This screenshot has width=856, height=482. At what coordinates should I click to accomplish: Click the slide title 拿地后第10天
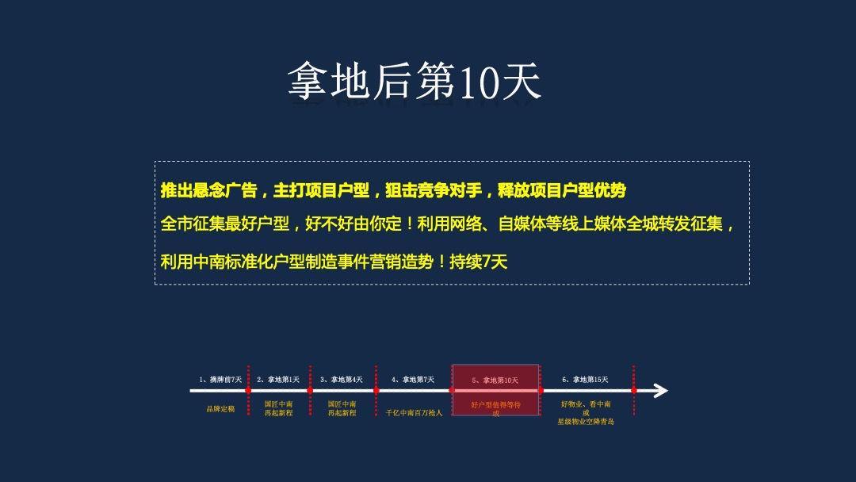tap(415, 82)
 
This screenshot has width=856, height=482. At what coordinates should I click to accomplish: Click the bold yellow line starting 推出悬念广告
tap(393, 190)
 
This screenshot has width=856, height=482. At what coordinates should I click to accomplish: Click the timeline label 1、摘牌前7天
tap(220, 380)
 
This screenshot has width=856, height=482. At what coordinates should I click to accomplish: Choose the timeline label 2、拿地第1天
tap(278, 380)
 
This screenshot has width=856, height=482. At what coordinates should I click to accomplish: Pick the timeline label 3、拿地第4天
tap(342, 380)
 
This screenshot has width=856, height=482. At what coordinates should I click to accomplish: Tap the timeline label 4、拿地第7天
tap(413, 380)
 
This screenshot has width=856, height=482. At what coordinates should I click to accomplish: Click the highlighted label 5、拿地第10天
tap(495, 381)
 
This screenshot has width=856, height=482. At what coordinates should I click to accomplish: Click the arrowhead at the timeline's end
tap(659, 390)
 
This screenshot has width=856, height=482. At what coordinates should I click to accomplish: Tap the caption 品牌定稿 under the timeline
tap(220, 409)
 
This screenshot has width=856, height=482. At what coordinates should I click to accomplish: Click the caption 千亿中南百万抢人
tap(414, 413)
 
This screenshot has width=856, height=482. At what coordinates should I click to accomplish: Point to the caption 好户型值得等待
tap(495, 404)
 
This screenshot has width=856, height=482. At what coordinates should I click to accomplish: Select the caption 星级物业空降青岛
tap(586, 422)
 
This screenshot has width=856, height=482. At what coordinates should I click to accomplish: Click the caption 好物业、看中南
tap(586, 404)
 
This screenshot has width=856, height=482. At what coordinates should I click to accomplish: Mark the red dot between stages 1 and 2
tap(248, 390)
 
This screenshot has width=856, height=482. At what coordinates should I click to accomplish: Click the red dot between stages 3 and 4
tap(376, 390)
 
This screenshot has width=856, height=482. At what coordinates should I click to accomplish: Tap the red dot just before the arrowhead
tap(633, 390)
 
